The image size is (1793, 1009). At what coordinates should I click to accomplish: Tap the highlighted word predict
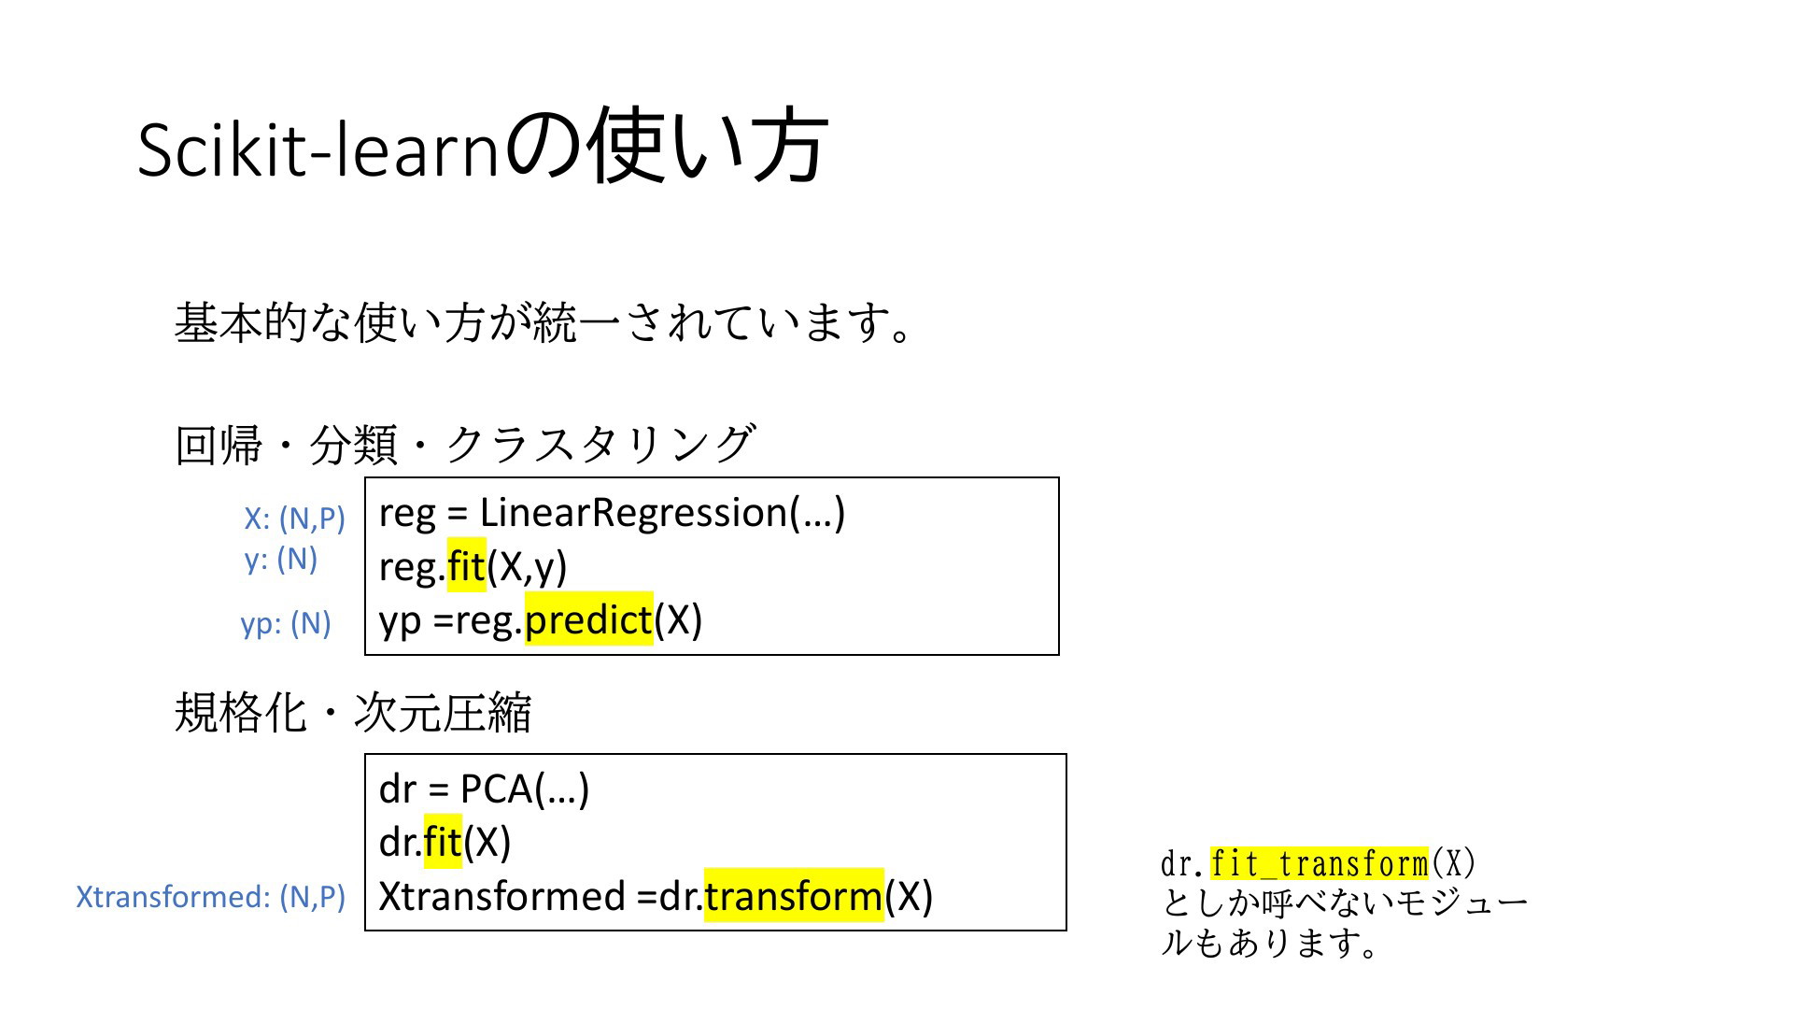[x=588, y=619]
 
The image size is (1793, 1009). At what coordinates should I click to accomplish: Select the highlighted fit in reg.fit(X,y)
[x=467, y=565]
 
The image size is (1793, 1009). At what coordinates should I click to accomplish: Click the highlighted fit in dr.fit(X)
[x=443, y=842]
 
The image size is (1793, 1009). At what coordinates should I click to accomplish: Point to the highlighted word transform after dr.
[x=794, y=895]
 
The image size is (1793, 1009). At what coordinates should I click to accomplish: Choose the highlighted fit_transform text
[x=1320, y=863]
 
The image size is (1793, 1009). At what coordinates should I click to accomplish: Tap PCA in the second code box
[x=497, y=789]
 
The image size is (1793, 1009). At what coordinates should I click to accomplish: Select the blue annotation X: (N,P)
[x=295, y=519]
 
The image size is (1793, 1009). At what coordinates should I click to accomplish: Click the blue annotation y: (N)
[x=281, y=559]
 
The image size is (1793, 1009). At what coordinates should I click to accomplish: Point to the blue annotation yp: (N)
[x=286, y=623]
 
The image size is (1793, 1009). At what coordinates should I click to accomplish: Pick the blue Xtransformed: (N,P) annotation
[x=211, y=897]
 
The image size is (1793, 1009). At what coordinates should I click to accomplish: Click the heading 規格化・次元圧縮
[x=353, y=713]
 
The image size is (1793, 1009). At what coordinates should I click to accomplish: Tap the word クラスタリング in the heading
[x=600, y=444]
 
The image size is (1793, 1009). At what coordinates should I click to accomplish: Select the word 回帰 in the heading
[x=219, y=445]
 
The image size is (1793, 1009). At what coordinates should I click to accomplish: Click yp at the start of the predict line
[x=401, y=621]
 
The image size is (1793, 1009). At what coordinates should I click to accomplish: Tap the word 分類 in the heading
[x=353, y=445]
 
